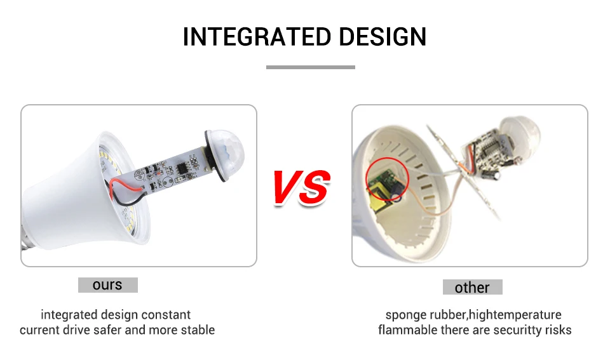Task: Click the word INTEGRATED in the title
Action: point(257,37)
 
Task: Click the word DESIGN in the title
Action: point(383,37)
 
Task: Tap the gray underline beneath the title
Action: point(311,67)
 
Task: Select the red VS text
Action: point(302,187)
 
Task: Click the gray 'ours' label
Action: point(108,285)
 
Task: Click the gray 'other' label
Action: point(472,287)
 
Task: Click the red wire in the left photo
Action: point(124,187)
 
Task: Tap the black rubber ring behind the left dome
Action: point(215,156)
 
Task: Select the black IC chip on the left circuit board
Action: point(182,168)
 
